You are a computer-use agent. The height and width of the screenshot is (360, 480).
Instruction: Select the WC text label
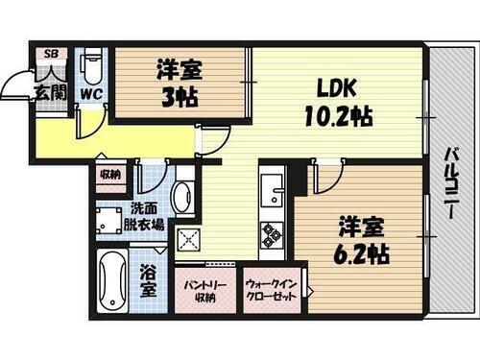(91, 94)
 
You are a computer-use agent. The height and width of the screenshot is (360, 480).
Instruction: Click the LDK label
(337, 89)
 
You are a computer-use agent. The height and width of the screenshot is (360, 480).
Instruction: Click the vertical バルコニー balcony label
(449, 181)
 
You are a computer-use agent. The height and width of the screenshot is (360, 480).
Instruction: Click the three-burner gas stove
(271, 233)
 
